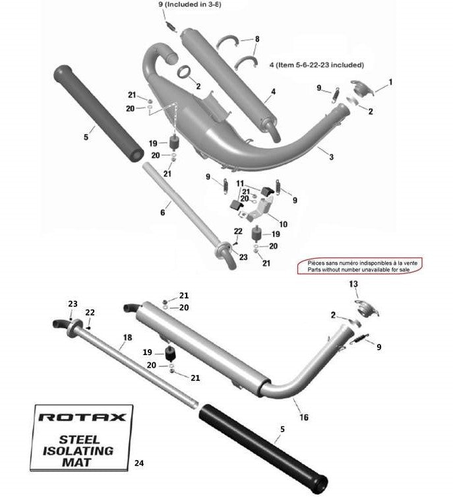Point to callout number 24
point(138,463)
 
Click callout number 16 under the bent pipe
point(304,417)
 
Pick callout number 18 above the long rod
point(127,337)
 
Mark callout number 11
point(240,183)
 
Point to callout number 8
point(257,40)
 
